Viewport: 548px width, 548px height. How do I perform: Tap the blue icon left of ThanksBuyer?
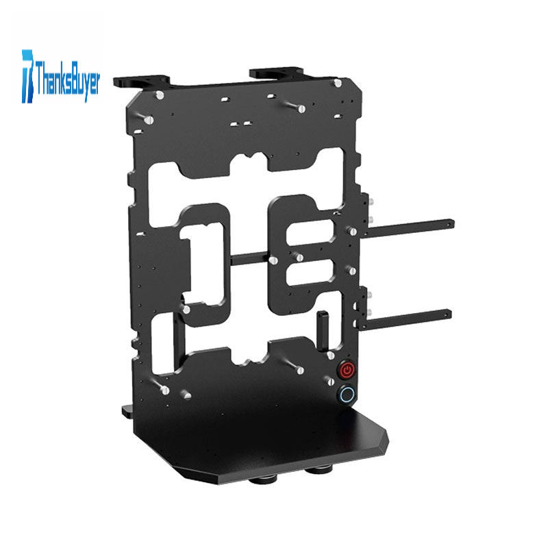tap(27, 76)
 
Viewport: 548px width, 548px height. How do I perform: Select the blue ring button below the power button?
tap(347, 395)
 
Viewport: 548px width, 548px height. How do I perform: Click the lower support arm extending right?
tap(404, 319)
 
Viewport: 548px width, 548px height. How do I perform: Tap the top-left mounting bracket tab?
tap(141, 82)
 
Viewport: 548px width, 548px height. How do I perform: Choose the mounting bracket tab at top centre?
tap(276, 73)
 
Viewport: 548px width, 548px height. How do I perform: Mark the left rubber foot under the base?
tap(263, 481)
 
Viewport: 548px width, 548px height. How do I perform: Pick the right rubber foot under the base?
tap(319, 470)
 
